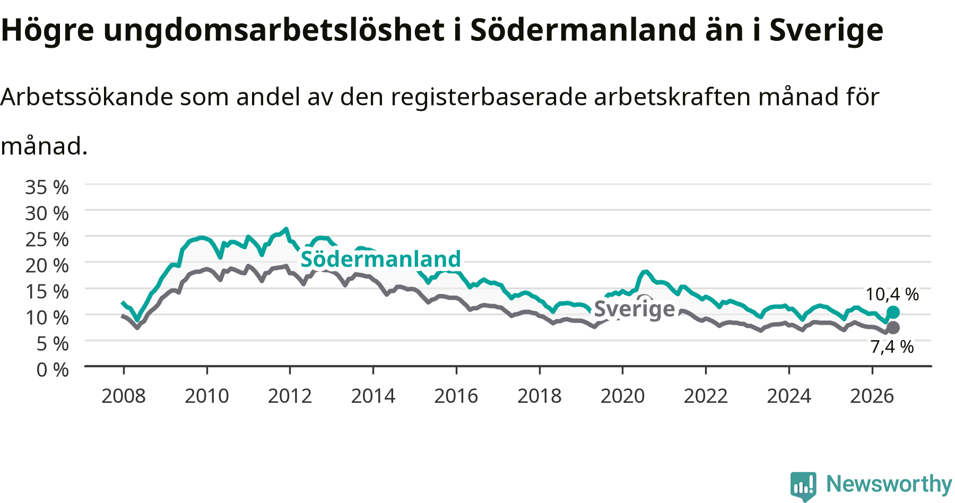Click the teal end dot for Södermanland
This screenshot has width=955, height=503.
pyautogui.click(x=893, y=312)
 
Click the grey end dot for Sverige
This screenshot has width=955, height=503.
pyautogui.click(x=893, y=327)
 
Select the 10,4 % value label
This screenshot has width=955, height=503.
pyautogui.click(x=892, y=294)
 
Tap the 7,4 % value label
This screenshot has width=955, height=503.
pyautogui.click(x=892, y=347)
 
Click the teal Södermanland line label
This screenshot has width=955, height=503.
pyautogui.click(x=381, y=259)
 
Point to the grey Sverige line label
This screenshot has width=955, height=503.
pyautogui.click(x=635, y=309)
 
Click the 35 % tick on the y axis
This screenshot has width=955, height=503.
pyautogui.click(x=47, y=187)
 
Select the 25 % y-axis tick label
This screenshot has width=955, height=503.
pyautogui.click(x=47, y=239)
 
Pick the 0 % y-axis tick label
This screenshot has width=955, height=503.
pyautogui.click(x=53, y=370)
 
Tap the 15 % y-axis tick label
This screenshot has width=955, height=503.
pyautogui.click(x=47, y=291)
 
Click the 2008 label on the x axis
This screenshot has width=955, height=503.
pyautogui.click(x=124, y=396)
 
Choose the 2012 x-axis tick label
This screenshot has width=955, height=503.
pyautogui.click(x=290, y=396)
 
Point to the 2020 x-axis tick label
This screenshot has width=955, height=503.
pyautogui.click(x=622, y=396)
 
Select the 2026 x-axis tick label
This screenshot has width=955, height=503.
pyautogui.click(x=872, y=396)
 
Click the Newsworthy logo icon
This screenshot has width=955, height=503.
pyautogui.click(x=803, y=486)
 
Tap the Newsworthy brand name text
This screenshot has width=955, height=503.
pyautogui.click(x=889, y=484)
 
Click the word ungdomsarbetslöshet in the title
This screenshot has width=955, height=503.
pyautogui.click(x=274, y=31)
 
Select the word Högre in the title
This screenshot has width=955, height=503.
pyautogui.click(x=48, y=31)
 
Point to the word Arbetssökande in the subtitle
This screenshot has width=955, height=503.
pyautogui.click(x=87, y=97)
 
